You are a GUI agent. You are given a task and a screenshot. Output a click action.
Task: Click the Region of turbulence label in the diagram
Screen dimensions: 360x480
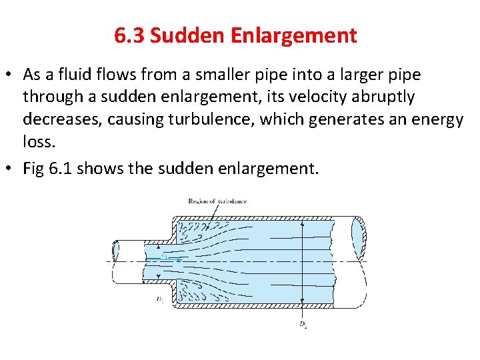point(217,201)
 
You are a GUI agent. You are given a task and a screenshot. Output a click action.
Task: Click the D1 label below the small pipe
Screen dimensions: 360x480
point(159,300)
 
